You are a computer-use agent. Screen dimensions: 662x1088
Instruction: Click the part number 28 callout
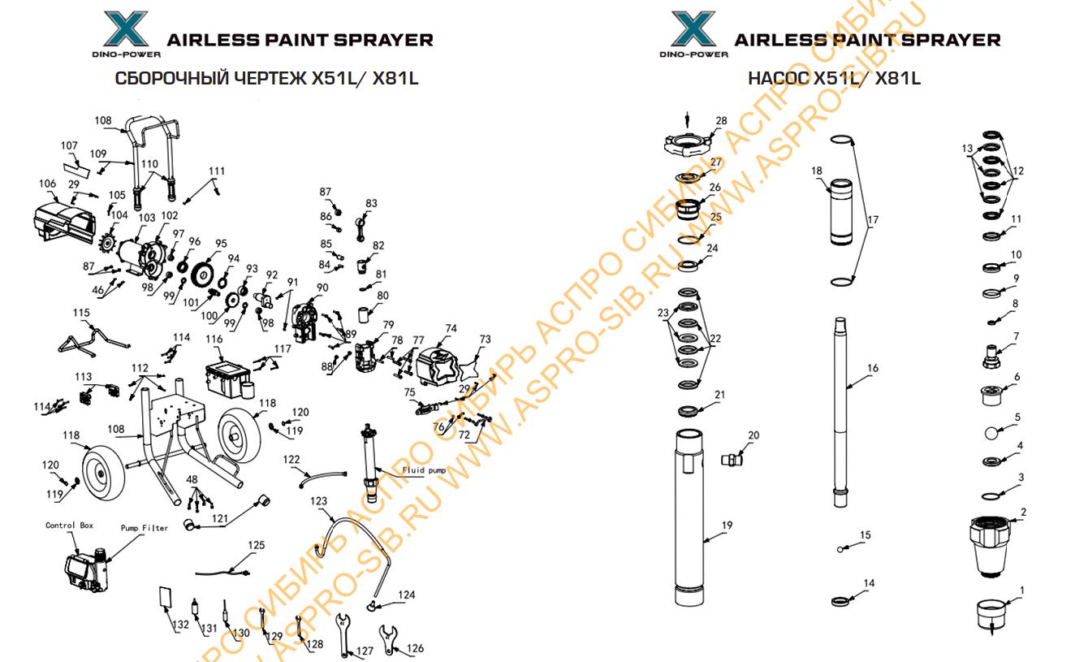point(721,121)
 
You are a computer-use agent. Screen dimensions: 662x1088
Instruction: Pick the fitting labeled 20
point(732,460)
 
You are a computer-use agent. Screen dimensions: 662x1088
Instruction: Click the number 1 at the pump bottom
point(1022,591)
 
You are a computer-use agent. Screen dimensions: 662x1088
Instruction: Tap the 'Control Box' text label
point(69,526)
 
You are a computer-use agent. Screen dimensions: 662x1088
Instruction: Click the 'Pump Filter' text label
point(145,528)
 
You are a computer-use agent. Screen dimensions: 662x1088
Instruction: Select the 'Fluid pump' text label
point(424,470)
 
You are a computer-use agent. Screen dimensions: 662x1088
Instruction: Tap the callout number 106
point(48,184)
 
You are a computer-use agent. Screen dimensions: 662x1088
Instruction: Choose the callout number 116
point(214,339)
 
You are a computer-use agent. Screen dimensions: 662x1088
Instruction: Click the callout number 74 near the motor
point(451,329)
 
